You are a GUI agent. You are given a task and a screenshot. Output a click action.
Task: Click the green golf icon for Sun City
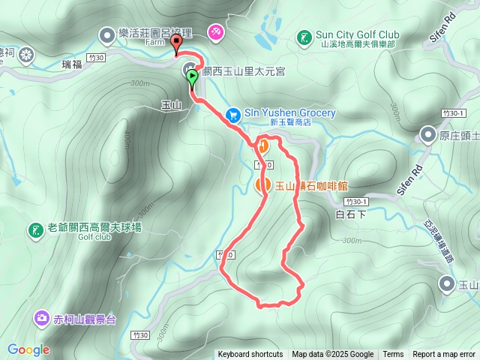[304, 36]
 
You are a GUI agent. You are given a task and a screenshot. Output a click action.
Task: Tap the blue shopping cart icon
[232, 113]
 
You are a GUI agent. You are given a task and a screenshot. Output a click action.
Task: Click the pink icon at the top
[216, 32]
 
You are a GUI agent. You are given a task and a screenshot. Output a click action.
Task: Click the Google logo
[28, 349]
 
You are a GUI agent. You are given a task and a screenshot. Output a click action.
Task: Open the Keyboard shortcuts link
[250, 355]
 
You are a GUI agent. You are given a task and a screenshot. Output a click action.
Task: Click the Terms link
[393, 355]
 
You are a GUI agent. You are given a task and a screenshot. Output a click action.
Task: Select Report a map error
[444, 355]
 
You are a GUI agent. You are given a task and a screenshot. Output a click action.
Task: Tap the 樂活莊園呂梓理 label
[156, 34]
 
